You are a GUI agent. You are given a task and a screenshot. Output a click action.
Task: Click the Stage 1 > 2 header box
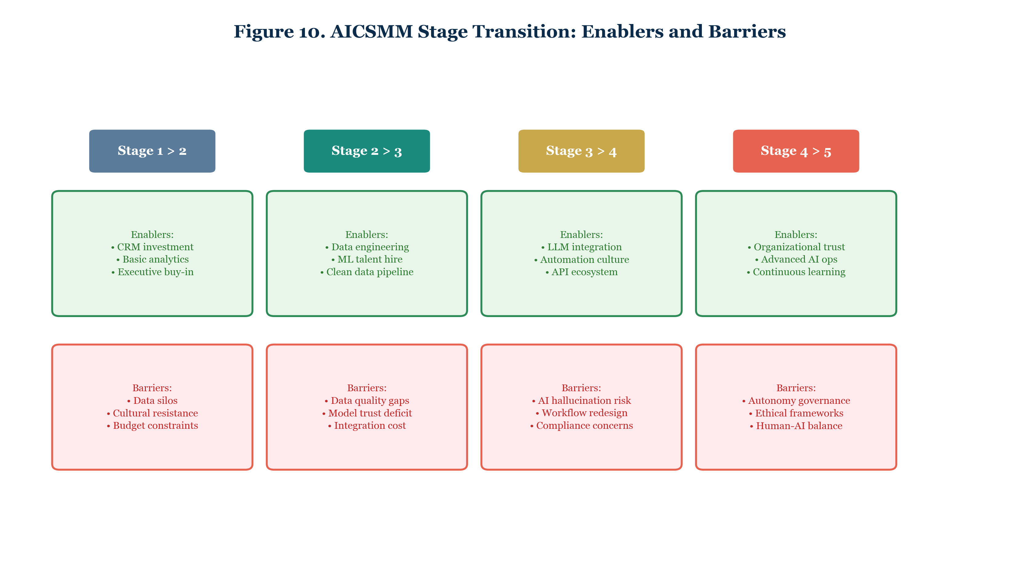[152, 151]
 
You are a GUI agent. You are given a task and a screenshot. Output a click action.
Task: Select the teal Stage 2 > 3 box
[366, 151]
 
